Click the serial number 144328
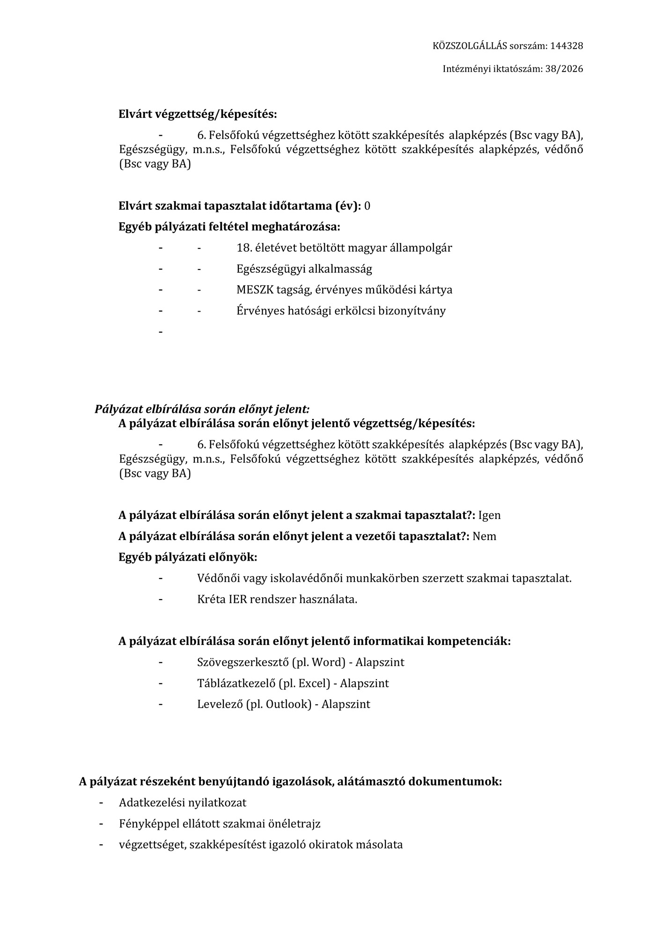coord(566,46)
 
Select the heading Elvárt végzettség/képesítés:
coord(198,114)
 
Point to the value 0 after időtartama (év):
coord(367,206)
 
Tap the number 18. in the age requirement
coord(244,248)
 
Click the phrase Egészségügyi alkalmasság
coord(304,269)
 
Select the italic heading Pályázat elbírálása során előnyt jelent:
coord(202,409)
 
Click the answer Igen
coord(489,515)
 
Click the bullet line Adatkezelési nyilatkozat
coord(183,803)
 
